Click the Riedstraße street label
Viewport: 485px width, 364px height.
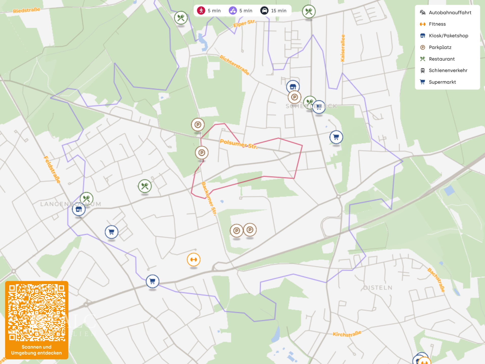point(27,10)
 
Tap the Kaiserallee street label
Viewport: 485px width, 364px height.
point(343,48)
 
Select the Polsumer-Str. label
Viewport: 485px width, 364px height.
point(238,144)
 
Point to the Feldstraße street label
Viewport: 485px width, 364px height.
point(52,170)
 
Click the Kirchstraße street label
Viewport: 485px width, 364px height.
point(347,334)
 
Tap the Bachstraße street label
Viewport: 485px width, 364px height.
point(436,280)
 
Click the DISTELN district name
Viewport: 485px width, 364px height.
point(378,288)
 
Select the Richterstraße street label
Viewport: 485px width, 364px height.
point(234,65)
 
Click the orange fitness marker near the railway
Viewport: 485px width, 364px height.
point(193,260)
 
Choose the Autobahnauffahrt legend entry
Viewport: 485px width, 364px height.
point(450,13)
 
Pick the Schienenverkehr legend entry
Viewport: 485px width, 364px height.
point(448,71)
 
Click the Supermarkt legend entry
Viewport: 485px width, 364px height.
point(442,82)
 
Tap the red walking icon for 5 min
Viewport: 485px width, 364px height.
point(201,11)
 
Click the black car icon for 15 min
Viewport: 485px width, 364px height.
point(264,11)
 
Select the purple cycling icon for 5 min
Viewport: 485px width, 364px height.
point(233,11)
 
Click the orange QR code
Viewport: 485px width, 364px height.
point(37,313)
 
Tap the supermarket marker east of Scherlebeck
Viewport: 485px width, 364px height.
point(336,137)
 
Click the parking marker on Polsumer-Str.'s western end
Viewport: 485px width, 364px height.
point(198,125)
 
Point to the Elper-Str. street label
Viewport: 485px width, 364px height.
point(244,23)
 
